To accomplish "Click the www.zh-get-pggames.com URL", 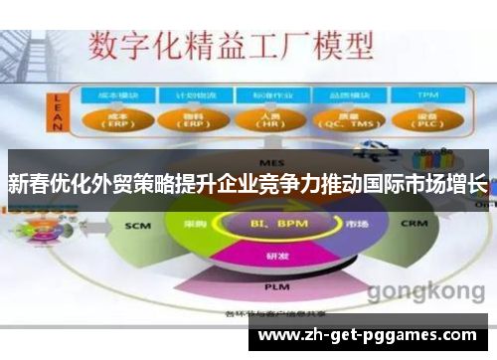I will pos(367,335).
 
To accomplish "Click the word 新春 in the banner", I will pos(24,184).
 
